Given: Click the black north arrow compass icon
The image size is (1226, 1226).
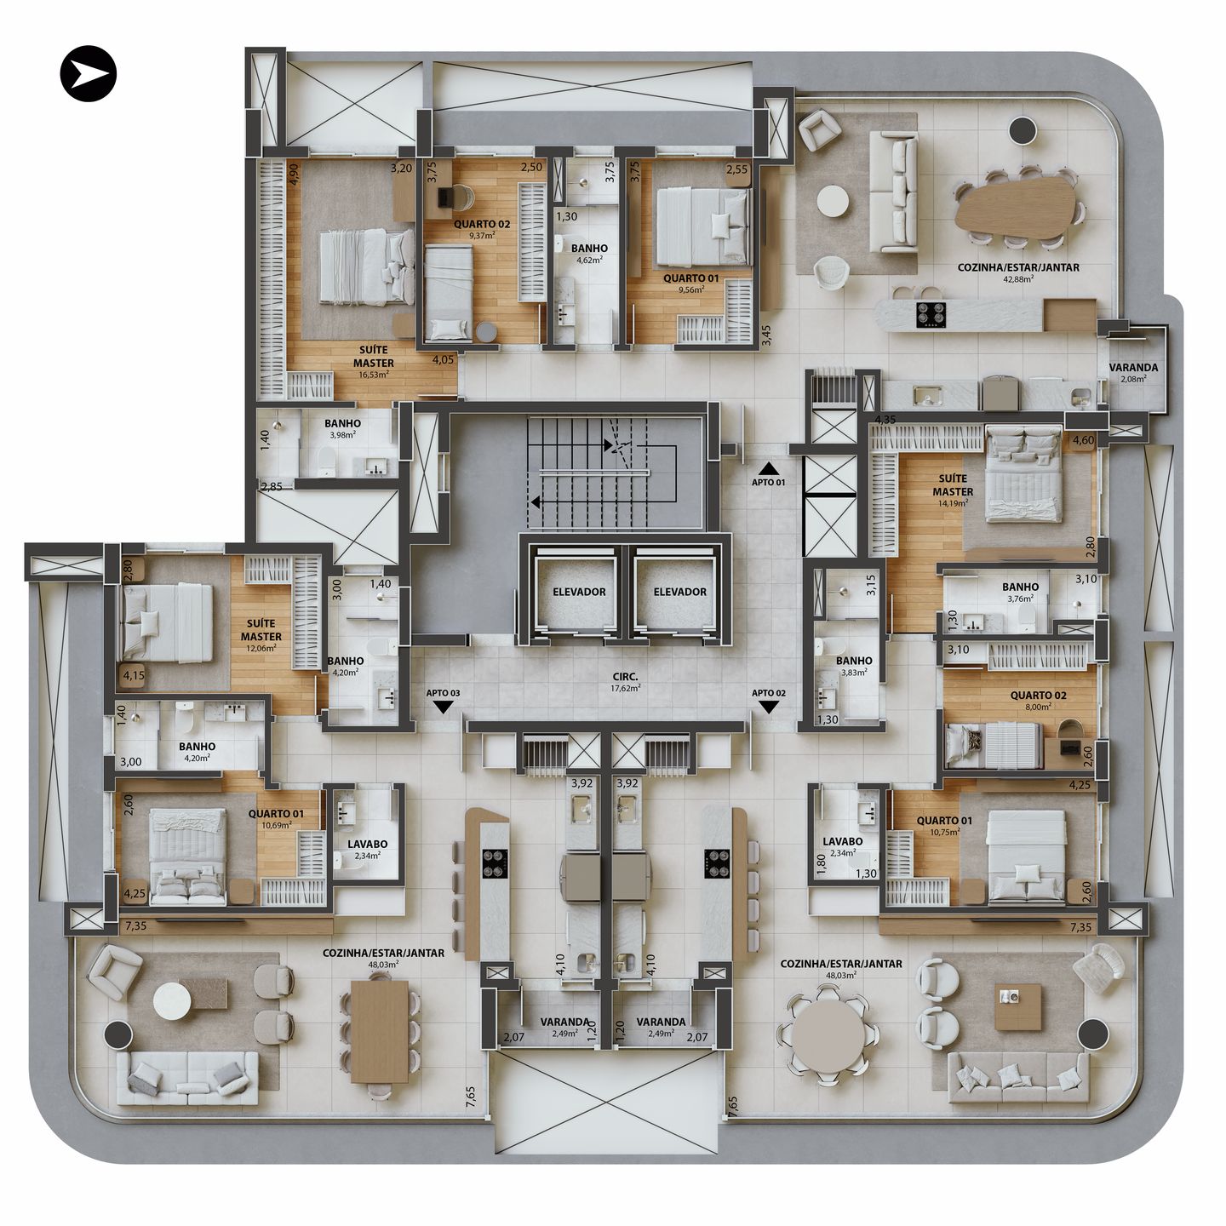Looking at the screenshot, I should (88, 74).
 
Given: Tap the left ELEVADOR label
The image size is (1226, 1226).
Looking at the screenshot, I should (579, 592).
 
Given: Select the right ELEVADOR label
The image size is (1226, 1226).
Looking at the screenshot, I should (679, 592).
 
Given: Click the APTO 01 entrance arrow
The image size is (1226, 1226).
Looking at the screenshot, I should (769, 467).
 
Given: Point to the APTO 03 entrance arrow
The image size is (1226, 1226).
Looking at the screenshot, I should (443, 707).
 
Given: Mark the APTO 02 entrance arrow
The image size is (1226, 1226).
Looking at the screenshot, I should (768, 707).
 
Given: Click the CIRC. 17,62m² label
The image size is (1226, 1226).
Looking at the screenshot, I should (625, 682).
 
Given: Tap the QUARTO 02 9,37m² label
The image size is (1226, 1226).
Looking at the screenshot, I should (482, 229).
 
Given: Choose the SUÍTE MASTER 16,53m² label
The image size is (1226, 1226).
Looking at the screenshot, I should (374, 361).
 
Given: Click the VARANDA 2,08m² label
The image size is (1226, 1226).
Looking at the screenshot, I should (1133, 372).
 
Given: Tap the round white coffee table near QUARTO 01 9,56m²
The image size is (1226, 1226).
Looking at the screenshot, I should (832, 203).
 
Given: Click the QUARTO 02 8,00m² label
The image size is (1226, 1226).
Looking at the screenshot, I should (1038, 700).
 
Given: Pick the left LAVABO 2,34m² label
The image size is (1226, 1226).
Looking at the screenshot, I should (367, 849).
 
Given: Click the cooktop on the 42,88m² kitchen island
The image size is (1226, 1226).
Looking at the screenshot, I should (931, 315).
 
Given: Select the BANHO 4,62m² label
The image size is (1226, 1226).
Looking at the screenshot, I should (589, 253).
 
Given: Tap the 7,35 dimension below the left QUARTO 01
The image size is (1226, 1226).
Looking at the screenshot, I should (135, 925).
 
